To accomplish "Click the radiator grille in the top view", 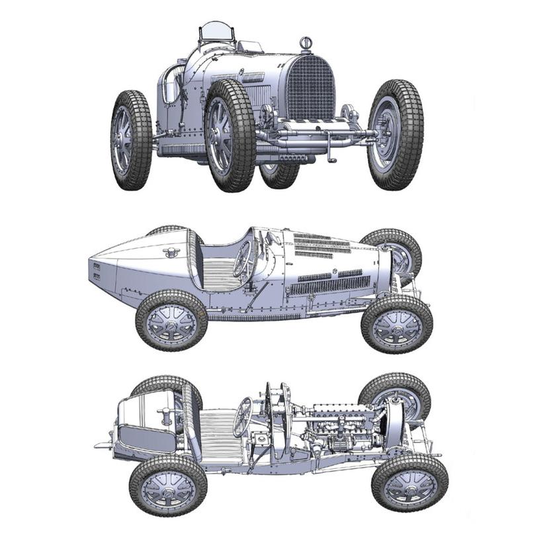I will [310, 87].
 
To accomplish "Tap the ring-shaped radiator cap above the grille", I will [306, 43].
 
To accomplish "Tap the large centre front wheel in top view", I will [229, 135].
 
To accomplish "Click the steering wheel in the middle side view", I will [242, 259].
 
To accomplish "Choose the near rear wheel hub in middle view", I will [171, 320].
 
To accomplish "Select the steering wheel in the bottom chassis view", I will [243, 416].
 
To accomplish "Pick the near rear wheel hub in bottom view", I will [169, 486].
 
